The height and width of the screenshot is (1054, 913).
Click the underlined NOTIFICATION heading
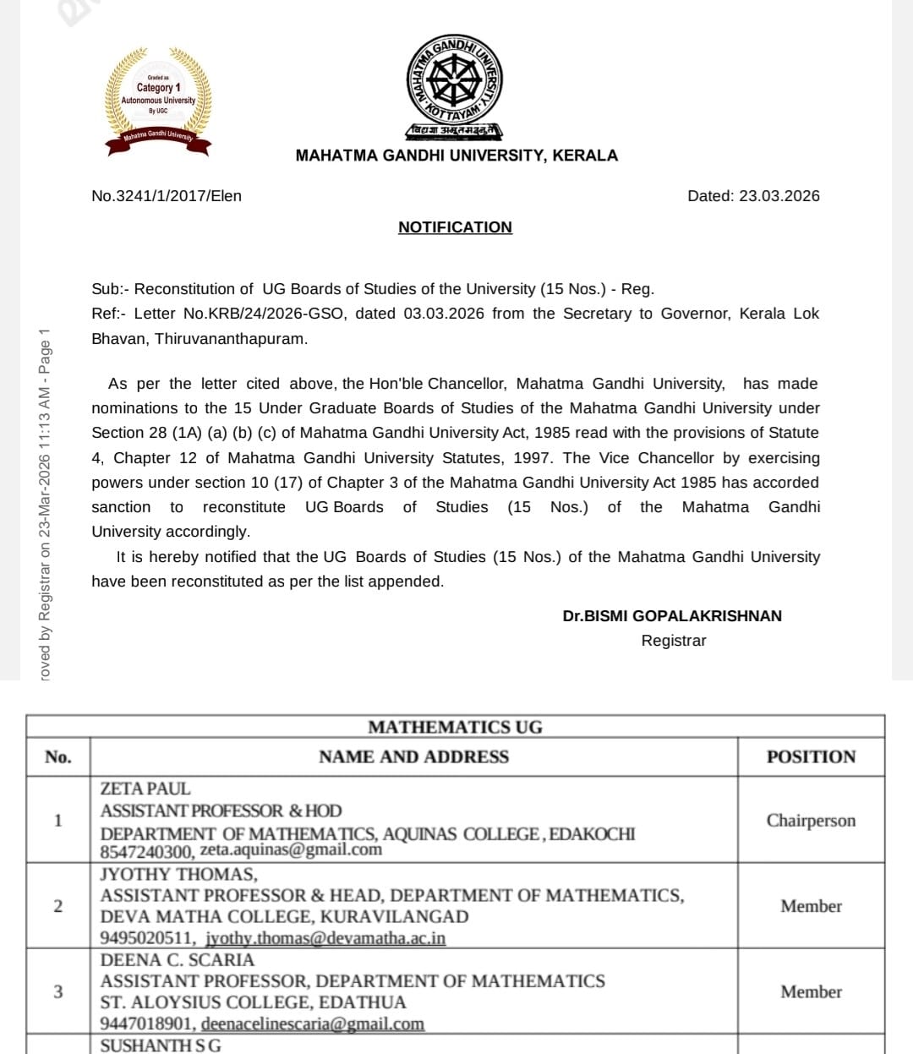455,227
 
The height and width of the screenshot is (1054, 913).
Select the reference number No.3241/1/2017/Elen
167,196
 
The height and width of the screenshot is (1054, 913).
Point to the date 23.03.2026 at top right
779,196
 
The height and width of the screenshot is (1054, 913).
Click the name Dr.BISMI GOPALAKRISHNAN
672,616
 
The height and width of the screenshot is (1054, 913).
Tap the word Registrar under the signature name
673,641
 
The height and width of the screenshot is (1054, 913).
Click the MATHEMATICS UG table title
455,728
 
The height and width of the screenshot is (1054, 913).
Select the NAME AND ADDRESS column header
413,757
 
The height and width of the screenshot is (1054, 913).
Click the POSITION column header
811,757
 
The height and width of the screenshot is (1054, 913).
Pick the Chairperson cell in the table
811,821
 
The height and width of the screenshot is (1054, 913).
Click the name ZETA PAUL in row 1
145,789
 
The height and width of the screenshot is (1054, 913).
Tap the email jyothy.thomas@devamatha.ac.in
325,938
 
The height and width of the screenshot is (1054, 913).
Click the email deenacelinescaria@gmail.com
313,1024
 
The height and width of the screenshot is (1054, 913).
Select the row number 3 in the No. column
57,991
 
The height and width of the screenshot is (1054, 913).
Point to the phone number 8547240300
146,851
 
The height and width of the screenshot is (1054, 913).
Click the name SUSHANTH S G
161,1046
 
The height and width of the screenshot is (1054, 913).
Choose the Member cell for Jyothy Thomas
811,906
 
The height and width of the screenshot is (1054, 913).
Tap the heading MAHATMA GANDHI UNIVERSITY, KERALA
456,156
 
